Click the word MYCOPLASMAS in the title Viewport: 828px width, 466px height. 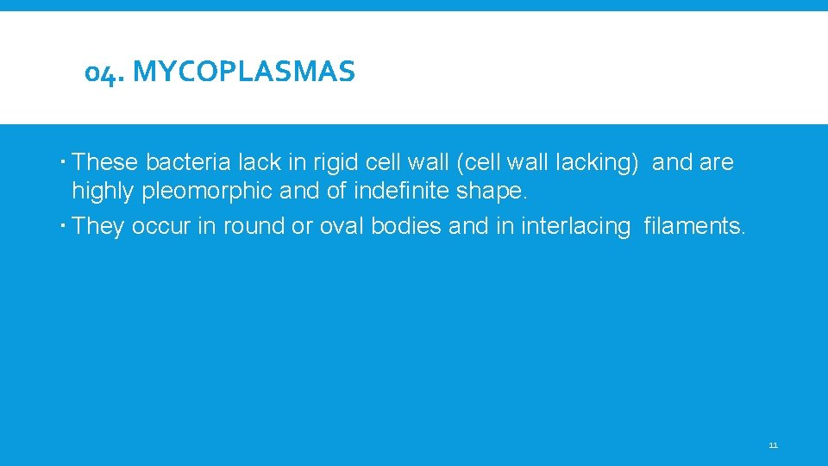[245, 72]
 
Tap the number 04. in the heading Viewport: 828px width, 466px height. [104, 73]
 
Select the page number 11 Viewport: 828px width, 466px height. [773, 445]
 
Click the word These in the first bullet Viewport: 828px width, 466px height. [106, 162]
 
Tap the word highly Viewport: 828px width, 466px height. [103, 191]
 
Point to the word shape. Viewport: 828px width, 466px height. [492, 191]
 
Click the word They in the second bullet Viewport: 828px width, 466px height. [99, 226]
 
